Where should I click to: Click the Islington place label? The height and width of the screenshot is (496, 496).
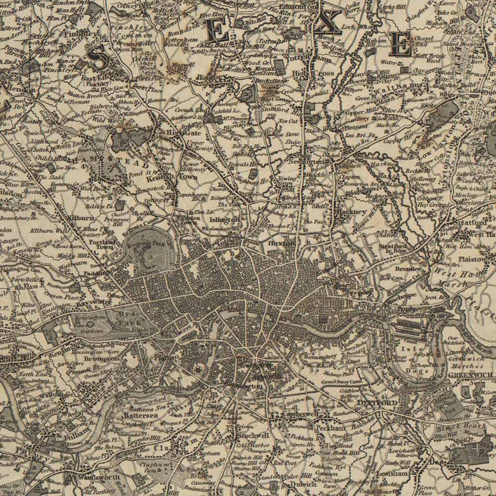(x=225, y=220)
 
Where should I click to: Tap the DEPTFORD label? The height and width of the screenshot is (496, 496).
(x=377, y=403)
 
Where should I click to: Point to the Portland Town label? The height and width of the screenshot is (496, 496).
(x=102, y=244)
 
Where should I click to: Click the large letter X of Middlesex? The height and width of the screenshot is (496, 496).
(x=327, y=22)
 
